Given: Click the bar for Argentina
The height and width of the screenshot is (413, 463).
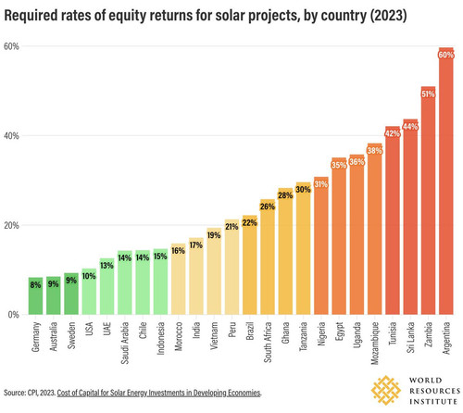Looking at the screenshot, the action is (x=446, y=181).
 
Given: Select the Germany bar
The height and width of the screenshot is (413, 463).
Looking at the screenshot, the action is (x=36, y=296).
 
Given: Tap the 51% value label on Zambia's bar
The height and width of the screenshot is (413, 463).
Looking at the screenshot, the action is (x=428, y=94).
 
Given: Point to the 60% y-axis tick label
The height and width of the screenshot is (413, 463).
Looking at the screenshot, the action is (x=11, y=46).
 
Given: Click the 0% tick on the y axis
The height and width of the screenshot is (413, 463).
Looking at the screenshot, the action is (x=14, y=315).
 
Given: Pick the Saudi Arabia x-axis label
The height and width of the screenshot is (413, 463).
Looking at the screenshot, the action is (x=125, y=343).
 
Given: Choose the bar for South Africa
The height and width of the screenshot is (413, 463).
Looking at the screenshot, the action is (x=268, y=257).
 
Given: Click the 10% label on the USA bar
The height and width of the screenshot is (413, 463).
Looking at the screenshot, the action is (x=89, y=276).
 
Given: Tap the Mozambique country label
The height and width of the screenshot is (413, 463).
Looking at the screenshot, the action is (x=375, y=344).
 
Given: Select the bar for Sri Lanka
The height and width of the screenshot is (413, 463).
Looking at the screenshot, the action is (x=410, y=217).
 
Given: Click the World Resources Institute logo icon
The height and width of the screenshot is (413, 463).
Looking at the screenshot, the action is (x=386, y=390).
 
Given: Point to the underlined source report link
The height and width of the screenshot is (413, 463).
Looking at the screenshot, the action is (x=159, y=393).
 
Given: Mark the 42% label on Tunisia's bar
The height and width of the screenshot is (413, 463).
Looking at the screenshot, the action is (x=393, y=133).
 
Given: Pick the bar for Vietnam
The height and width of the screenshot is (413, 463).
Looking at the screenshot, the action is (x=214, y=271).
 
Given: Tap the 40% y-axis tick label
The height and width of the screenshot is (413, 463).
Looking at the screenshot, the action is (x=11, y=136).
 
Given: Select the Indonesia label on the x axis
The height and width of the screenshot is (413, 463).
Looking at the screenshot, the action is (x=160, y=338).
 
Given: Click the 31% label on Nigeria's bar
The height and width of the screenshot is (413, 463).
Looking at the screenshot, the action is (x=321, y=184).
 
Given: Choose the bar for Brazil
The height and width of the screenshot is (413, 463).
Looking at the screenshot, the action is (x=250, y=265).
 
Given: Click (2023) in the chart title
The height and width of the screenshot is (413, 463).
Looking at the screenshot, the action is (x=388, y=16).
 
